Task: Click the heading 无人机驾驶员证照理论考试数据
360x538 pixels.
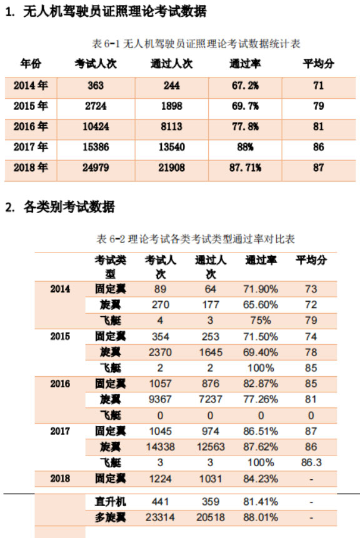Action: (115, 12)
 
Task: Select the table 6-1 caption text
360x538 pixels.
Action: (196, 44)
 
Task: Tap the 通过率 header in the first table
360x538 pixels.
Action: (245, 64)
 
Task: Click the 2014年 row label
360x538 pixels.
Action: (31, 86)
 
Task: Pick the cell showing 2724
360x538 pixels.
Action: (96, 106)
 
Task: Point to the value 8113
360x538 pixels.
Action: (172, 127)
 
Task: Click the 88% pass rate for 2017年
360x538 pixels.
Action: (245, 147)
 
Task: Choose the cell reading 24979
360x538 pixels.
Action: (96, 168)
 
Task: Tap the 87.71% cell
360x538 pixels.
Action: (245, 168)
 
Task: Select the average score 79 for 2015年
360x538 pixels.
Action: (319, 106)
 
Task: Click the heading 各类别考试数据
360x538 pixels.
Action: (69, 207)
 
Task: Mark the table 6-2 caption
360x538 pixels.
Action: (196, 239)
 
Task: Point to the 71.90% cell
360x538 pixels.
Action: (261, 289)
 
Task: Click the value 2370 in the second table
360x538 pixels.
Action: (160, 352)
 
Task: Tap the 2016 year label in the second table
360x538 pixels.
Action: (60, 384)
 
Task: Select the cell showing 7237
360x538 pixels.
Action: (211, 399)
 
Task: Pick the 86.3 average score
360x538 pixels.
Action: (311, 462)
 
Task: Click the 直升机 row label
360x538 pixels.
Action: (111, 502)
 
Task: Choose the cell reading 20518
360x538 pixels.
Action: (211, 517)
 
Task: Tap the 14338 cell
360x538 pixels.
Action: (160, 447)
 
